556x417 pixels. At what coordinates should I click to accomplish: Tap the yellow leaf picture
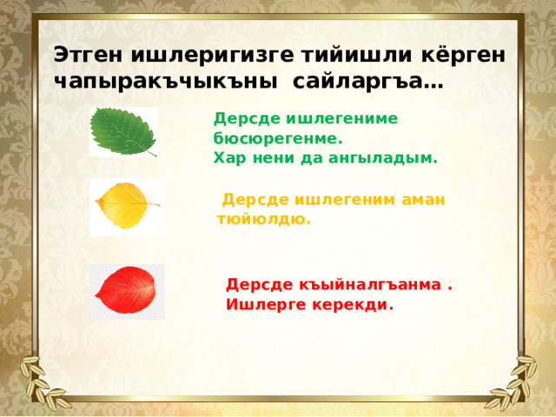[126, 206]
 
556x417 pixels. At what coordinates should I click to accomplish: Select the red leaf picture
[126, 291]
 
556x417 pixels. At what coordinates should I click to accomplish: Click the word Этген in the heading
[88, 54]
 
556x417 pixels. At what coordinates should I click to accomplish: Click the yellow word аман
[423, 199]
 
